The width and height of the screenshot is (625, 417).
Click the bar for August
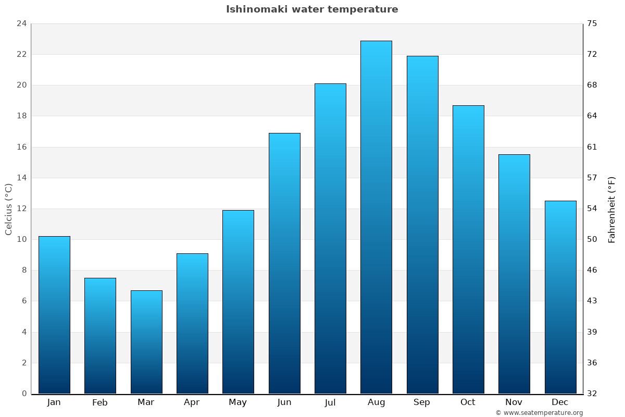[376, 217]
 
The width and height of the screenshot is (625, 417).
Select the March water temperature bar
[146, 342]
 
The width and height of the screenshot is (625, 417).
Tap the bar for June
[284, 263]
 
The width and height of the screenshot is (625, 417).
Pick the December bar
[560, 297]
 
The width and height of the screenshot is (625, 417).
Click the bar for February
[100, 336]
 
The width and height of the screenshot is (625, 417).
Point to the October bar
[468, 249]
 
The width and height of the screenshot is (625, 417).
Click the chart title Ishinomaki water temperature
[312, 9]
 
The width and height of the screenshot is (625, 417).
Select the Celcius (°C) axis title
[8, 208]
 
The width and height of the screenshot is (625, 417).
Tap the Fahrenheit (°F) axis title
[612, 210]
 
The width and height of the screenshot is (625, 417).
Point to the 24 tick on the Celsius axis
[21, 23]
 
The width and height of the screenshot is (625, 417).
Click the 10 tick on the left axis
[21, 239]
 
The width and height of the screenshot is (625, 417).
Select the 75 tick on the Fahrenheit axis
[592, 23]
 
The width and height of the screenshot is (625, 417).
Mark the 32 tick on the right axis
[592, 394]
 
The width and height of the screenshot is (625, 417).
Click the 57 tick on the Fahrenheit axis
[592, 178]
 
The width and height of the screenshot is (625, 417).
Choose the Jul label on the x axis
[330, 402]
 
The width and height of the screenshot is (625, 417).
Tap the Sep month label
[422, 402]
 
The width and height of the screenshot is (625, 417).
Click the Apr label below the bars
[192, 402]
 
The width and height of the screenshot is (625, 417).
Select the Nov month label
[514, 402]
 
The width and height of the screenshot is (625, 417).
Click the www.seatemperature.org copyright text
[539, 413]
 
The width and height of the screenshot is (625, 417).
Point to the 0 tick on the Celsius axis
[24, 394]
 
